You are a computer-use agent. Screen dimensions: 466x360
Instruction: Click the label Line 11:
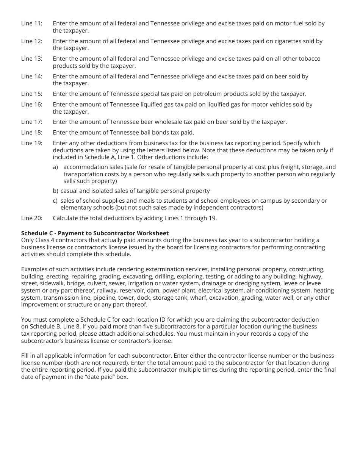pyautogui.click(x=32, y=23)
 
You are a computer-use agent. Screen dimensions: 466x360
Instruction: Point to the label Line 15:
pyautogui.click(x=32, y=94)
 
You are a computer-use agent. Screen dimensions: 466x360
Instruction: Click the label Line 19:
pyautogui.click(x=32, y=143)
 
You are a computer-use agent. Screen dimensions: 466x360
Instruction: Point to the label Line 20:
pyautogui.click(x=32, y=218)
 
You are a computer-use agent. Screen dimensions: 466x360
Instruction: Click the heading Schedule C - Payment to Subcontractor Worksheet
pyautogui.click(x=95, y=233)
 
